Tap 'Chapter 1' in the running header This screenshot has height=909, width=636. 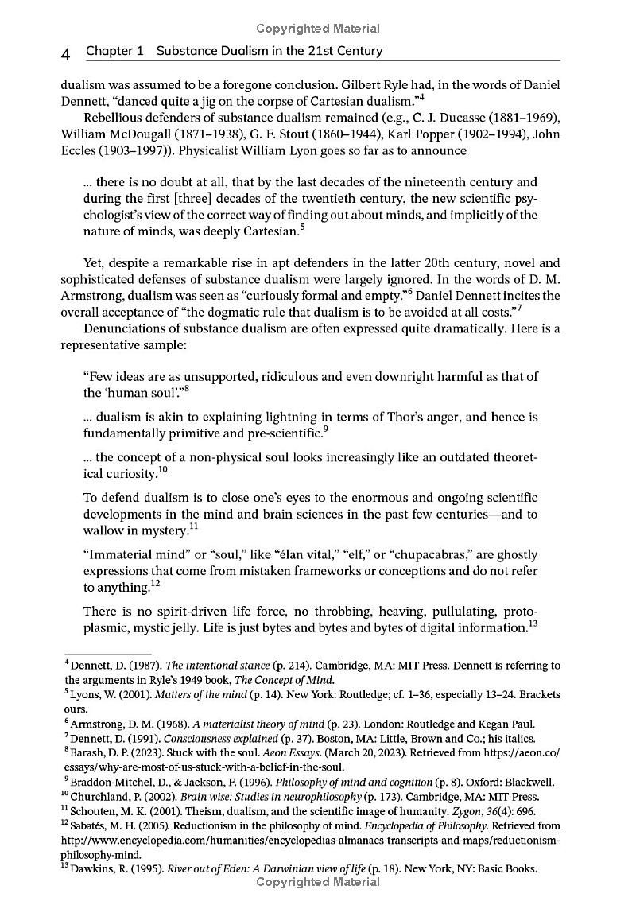pos(114,51)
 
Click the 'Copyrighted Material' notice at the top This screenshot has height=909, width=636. pos(318,29)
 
